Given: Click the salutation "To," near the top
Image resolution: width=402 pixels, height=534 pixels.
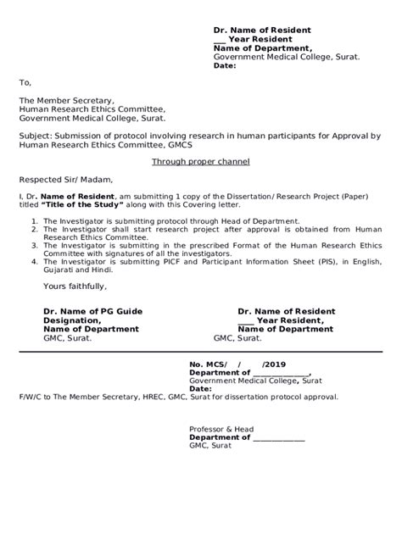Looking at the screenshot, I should tap(25, 83).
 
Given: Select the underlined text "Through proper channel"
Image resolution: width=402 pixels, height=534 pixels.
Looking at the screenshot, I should tap(201, 162).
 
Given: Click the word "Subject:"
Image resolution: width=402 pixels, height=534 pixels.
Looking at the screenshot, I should tap(37, 136).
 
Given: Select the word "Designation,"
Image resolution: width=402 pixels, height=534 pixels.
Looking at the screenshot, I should tap(72, 320).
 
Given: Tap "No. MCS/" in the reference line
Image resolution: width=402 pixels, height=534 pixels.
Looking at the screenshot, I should tap(209, 364).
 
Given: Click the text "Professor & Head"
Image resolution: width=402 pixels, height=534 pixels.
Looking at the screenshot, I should tap(221, 429).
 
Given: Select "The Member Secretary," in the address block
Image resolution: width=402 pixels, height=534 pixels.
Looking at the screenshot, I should tap(66, 100).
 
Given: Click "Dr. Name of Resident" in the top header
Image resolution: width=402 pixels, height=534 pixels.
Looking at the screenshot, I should tap(261, 31).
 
